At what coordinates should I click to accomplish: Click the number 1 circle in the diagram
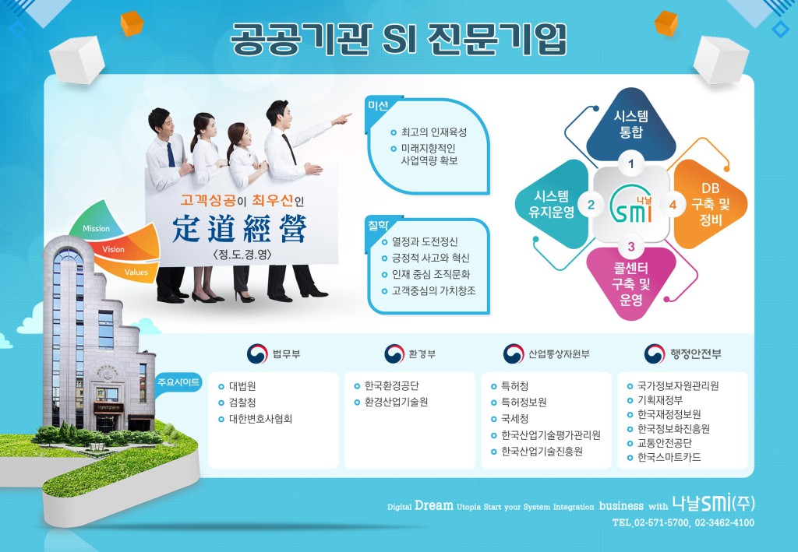point(631,163)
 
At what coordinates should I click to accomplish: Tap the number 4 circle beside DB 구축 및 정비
point(673,205)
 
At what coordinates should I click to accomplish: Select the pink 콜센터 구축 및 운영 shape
point(631,283)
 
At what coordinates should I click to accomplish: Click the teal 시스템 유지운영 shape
point(553,204)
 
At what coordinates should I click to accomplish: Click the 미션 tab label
point(378,106)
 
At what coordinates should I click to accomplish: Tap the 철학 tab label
point(378,225)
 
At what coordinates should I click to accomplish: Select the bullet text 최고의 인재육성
point(433,132)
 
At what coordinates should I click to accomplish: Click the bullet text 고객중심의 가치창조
point(433,290)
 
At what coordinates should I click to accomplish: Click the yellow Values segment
point(130,270)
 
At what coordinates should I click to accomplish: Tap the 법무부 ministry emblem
point(257,353)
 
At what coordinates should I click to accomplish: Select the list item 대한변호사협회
point(260,419)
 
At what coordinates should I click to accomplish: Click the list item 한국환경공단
point(391,386)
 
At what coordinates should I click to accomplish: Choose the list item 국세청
point(514,419)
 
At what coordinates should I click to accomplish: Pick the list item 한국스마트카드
point(669,458)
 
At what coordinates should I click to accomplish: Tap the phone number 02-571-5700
point(662,522)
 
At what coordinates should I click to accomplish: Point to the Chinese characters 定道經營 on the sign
point(240,229)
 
